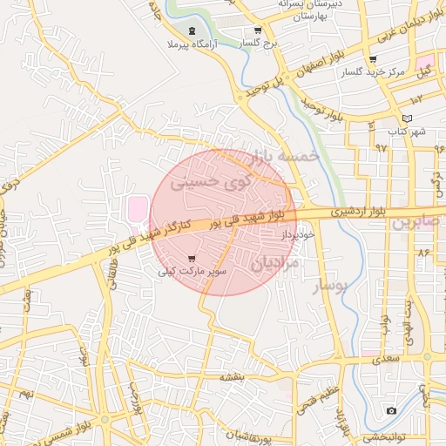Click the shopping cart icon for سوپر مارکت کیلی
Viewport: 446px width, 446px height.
[192, 258]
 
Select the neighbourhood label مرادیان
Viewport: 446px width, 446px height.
[276, 262]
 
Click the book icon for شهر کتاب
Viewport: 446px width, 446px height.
[407, 118]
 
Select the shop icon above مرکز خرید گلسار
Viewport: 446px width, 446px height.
[373, 59]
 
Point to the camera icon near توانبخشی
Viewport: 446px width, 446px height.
[391, 410]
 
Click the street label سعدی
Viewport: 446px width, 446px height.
[380, 356]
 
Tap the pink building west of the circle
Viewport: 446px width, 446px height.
[138, 209]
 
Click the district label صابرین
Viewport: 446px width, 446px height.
[416, 222]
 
